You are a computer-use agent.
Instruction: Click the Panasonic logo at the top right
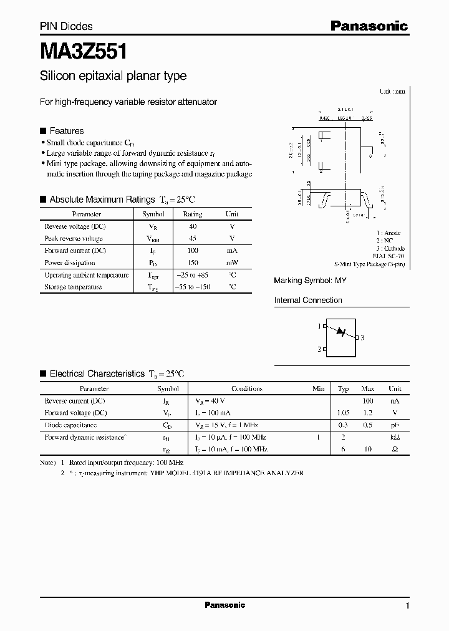369,26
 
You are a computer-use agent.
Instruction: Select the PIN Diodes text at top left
66,26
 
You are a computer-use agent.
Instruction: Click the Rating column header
192,214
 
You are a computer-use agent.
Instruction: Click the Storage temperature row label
73,287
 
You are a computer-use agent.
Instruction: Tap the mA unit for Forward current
232,251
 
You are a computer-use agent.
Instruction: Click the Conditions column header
247,388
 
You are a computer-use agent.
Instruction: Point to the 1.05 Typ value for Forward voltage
343,413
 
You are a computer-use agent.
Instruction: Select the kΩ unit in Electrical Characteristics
395,437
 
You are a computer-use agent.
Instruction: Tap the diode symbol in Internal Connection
341,332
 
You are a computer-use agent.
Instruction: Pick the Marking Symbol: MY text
310,281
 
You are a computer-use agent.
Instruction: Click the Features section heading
66,131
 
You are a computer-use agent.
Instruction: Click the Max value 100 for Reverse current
367,401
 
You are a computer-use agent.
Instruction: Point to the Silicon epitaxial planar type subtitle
113,76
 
